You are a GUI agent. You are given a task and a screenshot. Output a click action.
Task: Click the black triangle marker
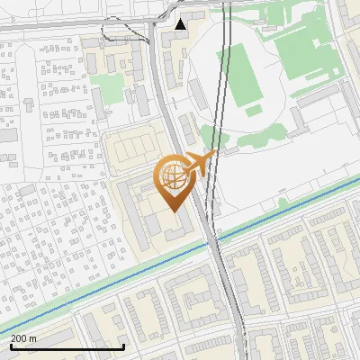(182, 23)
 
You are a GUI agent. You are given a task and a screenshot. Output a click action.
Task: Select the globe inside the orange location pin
(175, 177)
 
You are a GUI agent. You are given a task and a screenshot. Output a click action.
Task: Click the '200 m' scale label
(23, 337)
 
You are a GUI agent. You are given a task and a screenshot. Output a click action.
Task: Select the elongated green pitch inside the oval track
(243, 74)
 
